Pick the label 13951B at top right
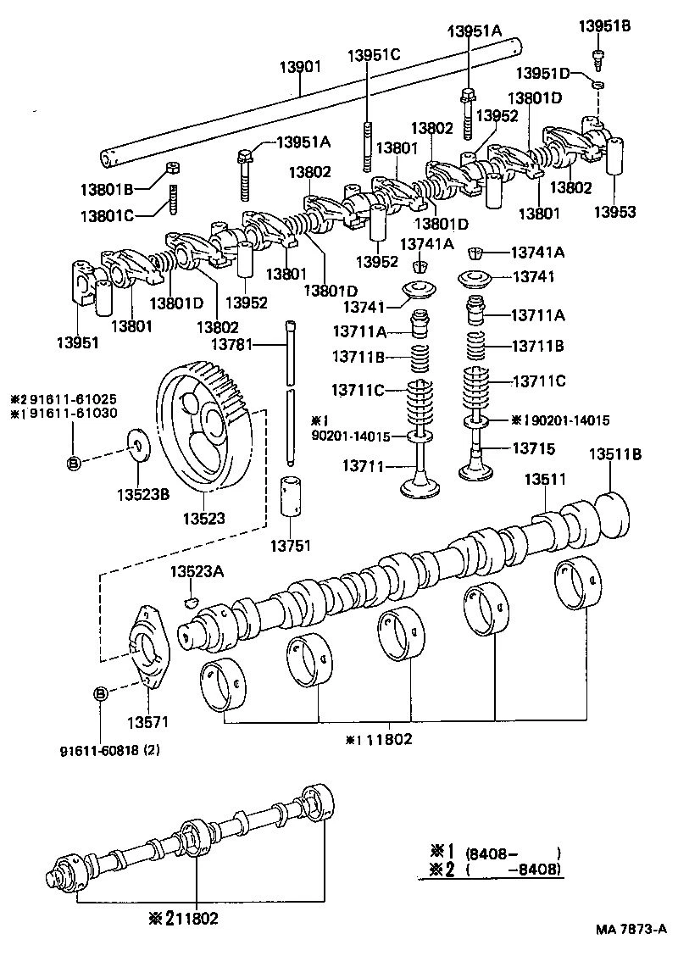(605, 26)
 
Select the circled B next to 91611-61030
(74, 462)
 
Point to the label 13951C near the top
(373, 55)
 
